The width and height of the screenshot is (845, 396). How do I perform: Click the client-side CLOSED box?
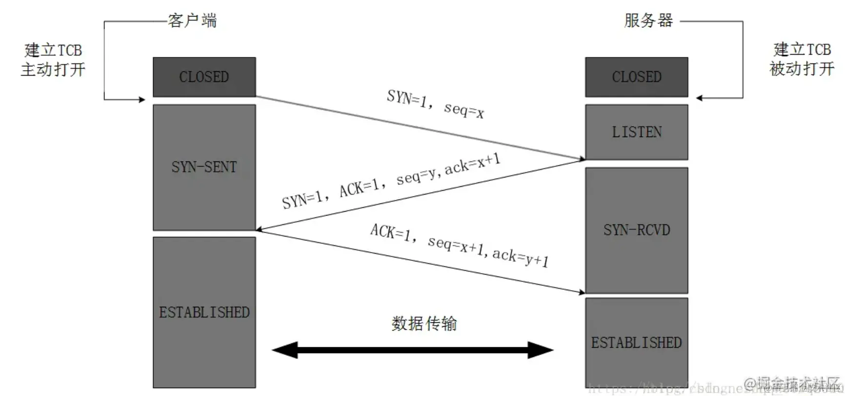tap(204, 77)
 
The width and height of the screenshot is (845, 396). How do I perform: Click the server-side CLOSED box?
tap(636, 77)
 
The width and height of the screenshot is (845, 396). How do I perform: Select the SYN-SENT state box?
tap(204, 167)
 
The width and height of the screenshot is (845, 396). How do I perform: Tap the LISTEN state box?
tap(636, 132)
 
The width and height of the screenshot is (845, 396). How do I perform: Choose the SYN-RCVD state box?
tap(636, 230)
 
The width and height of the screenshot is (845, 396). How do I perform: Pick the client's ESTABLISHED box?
tap(204, 312)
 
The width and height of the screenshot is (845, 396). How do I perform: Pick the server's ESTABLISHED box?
tap(636, 343)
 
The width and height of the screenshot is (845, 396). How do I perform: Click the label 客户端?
tap(192, 21)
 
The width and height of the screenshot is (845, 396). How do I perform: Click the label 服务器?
tap(648, 20)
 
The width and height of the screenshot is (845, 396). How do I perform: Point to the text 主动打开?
tap(53, 69)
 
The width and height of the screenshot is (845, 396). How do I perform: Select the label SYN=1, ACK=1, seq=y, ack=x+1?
tap(391, 181)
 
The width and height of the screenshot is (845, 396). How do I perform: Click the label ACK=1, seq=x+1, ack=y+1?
tap(459, 246)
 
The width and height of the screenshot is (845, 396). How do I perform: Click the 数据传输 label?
tap(424, 323)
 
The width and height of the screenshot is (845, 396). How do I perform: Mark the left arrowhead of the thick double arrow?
tap(284, 350)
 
